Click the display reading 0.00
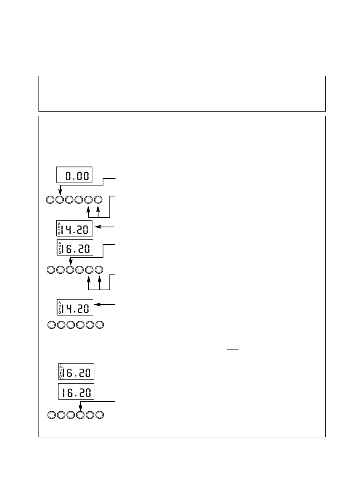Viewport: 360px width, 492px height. (74, 175)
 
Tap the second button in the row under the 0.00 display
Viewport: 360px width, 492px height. (60, 199)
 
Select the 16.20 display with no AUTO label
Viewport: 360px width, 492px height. (76, 392)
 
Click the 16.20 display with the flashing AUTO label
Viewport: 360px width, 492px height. (76, 372)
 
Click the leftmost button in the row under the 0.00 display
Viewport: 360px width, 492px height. (50, 199)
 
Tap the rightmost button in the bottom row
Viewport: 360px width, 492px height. (100, 415)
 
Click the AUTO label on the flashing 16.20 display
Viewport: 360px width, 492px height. (60, 371)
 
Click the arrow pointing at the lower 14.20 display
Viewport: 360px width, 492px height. (105, 304)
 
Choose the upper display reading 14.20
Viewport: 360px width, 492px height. (74, 228)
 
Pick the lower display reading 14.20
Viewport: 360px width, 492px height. (75, 307)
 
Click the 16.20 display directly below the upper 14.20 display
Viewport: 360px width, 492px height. (75, 247)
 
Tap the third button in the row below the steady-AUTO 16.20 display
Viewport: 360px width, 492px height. (70, 270)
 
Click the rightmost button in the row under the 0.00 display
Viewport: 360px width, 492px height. (98, 199)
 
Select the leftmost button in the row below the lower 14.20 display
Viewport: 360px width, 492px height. (52, 325)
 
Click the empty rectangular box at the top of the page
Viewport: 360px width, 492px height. (182, 93)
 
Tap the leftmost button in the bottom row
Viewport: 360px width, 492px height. (52, 415)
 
